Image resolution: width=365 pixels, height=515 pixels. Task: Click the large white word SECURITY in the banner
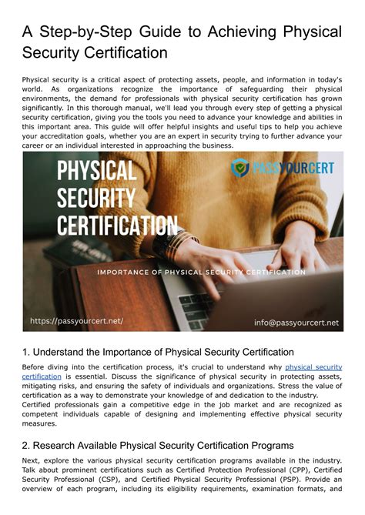pyautogui.click(x=97, y=199)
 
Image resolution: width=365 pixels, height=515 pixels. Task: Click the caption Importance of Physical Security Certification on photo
pyautogui.click(x=200, y=273)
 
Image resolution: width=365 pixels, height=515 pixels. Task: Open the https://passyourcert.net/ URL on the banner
pyautogui.click(x=76, y=321)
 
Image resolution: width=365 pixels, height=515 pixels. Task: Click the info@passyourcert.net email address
pyautogui.click(x=296, y=323)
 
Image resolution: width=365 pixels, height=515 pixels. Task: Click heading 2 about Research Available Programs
pyautogui.click(x=158, y=445)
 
